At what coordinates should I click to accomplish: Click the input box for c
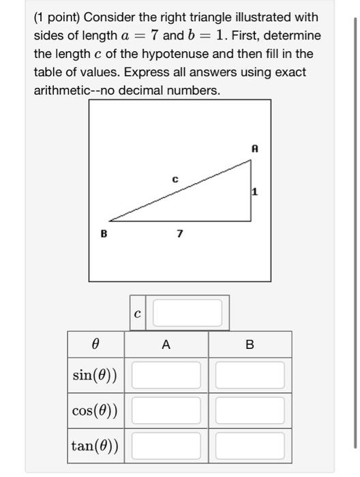pyautogui.click(x=187, y=313)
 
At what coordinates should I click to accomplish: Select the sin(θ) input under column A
pyautogui.click(x=166, y=375)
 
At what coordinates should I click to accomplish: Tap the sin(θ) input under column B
pyautogui.click(x=250, y=375)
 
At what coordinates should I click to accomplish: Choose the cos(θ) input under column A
pyautogui.click(x=166, y=411)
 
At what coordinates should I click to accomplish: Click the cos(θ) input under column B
pyautogui.click(x=250, y=411)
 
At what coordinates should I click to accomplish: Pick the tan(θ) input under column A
pyautogui.click(x=166, y=446)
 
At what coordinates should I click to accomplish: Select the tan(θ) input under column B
pyautogui.click(x=250, y=446)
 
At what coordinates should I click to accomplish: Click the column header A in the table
pyautogui.click(x=166, y=345)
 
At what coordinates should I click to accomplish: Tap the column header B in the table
pyautogui.click(x=250, y=345)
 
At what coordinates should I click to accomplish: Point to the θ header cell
pyautogui.click(x=95, y=345)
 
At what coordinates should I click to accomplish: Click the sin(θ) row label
pyautogui.click(x=95, y=375)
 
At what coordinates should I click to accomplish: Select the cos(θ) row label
pyautogui.click(x=95, y=411)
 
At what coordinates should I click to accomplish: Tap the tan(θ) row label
pyautogui.click(x=95, y=446)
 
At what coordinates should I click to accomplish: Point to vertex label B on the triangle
pyautogui.click(x=104, y=234)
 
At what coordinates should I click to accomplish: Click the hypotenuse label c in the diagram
pyautogui.click(x=175, y=180)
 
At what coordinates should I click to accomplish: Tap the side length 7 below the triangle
pyautogui.click(x=179, y=234)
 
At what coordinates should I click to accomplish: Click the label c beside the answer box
pyautogui.click(x=138, y=313)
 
